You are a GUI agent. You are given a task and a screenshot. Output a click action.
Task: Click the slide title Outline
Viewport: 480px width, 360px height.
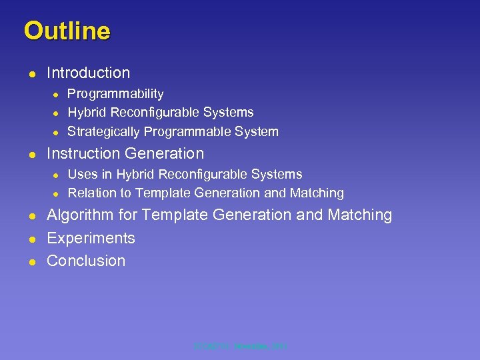tap(67, 31)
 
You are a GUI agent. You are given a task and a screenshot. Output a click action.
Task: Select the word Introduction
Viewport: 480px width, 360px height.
tap(88, 73)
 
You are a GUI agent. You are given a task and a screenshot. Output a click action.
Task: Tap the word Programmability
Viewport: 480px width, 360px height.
tap(115, 94)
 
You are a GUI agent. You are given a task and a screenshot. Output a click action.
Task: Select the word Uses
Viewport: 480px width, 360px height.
tap(83, 174)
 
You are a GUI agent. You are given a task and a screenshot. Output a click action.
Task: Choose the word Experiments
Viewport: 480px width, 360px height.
tap(91, 238)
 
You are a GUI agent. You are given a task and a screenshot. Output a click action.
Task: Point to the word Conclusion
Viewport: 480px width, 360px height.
tap(86, 261)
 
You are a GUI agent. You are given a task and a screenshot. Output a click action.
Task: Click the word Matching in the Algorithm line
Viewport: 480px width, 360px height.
tap(361, 215)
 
